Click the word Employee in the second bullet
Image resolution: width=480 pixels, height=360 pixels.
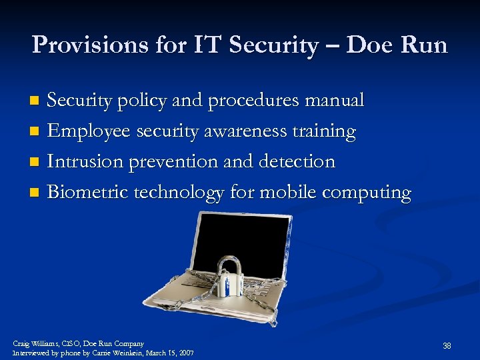point(89,131)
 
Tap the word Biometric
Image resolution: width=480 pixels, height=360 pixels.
point(88,193)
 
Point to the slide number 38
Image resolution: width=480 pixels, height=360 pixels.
point(447,346)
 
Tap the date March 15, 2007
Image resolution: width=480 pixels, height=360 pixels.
point(169,353)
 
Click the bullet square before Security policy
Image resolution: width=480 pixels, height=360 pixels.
point(37,101)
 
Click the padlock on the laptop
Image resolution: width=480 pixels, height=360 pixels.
point(231,277)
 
